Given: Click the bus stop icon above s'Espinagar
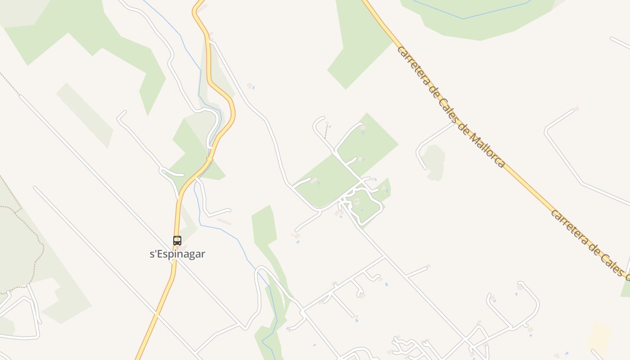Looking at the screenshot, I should tap(177, 241).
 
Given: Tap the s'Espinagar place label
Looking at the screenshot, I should tap(177, 254).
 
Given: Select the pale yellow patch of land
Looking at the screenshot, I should tap(599, 337).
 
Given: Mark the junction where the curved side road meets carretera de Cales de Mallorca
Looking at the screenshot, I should tap(455, 122).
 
